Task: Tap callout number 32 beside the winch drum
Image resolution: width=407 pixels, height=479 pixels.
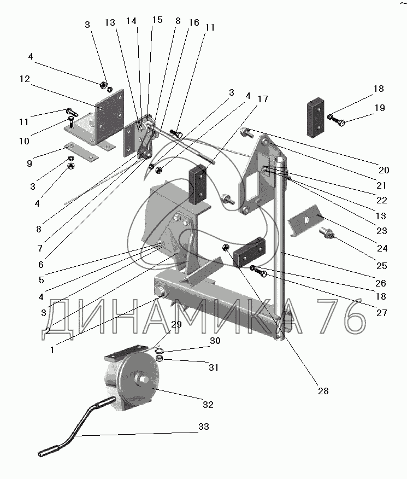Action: click(208, 405)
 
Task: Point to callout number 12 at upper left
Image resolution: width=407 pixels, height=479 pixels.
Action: click(25, 78)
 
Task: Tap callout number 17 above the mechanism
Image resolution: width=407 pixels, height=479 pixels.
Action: click(263, 99)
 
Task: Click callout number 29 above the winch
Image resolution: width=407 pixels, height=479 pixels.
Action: click(176, 325)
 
